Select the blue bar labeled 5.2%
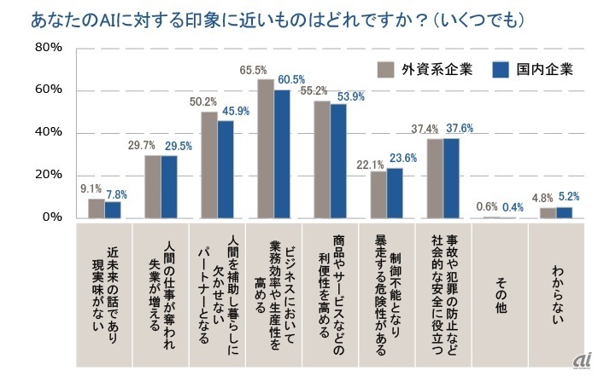point(564,212)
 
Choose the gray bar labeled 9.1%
point(97,208)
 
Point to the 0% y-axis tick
point(51,217)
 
